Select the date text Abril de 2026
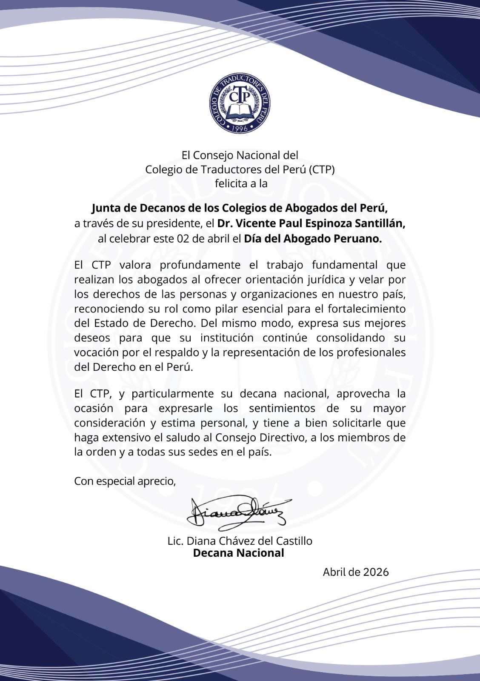(356, 572)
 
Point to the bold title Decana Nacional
(238, 553)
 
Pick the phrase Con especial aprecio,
(125, 481)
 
